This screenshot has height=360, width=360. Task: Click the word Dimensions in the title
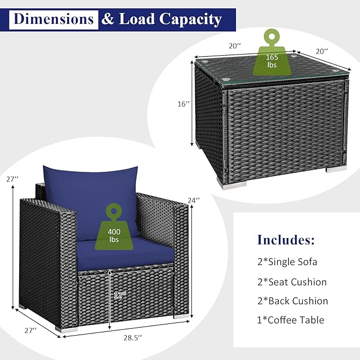click(x=54, y=19)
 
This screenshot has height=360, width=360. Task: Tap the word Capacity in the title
click(x=190, y=20)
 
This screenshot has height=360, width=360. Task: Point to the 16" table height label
click(x=183, y=104)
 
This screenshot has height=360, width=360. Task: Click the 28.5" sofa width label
click(x=133, y=338)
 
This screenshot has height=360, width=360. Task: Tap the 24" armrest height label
click(x=194, y=200)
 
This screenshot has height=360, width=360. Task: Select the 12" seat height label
click(x=120, y=295)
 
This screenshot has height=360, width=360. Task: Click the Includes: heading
click(x=286, y=240)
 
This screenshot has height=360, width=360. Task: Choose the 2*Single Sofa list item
click(x=287, y=262)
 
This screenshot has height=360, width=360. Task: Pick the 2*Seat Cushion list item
click(x=292, y=282)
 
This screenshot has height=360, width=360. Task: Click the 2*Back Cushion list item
click(x=293, y=301)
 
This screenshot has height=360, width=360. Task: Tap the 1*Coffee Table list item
click(x=291, y=320)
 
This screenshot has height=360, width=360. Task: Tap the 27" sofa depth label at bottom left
click(x=31, y=330)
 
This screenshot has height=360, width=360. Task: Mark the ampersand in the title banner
click(x=108, y=19)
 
